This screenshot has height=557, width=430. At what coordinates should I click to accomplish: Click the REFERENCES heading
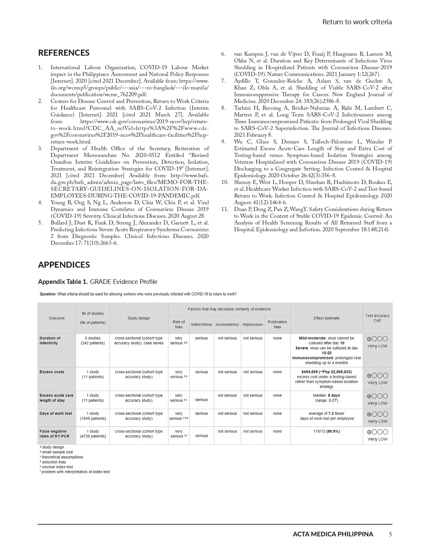pyautogui.click(x=64, y=53)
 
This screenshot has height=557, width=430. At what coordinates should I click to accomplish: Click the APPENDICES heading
pyautogui.click(x=64, y=265)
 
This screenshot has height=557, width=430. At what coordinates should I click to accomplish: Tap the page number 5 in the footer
pyautogui.click(x=390, y=534)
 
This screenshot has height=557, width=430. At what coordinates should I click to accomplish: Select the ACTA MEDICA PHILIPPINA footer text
pyautogui.click(x=333, y=534)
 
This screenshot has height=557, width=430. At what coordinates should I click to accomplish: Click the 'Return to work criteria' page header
pyautogui.click(x=357, y=22)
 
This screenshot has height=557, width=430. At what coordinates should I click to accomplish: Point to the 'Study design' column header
pyautogui.click(x=139, y=318)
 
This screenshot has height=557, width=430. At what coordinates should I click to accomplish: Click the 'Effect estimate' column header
pyautogui.click(x=326, y=318)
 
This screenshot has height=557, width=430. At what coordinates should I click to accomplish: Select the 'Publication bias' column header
pyautogui.click(x=277, y=324)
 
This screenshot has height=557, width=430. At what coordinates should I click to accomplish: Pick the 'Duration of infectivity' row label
pyautogui.click(x=50, y=340)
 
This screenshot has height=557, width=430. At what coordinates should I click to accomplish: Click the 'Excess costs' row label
pyautogui.click(x=52, y=372)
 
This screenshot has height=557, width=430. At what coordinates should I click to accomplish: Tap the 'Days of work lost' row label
pyautogui.click(x=56, y=413)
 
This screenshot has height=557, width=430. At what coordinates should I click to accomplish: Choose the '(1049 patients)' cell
pyautogui.click(x=93, y=418)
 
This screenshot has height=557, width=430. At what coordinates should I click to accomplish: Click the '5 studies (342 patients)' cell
pyautogui.click(x=93, y=340)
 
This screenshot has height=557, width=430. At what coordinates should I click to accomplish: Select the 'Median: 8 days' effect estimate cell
pyautogui.click(x=326, y=395)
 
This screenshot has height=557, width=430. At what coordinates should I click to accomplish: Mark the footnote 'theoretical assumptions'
pyautogui.click(x=62, y=457)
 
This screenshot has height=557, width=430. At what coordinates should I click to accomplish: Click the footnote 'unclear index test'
pyautogui.click(x=57, y=467)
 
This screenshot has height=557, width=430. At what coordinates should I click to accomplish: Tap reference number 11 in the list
pyautogui.click(x=225, y=209)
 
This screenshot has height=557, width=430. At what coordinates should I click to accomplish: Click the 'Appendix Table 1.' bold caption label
pyautogui.click(x=63, y=282)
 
